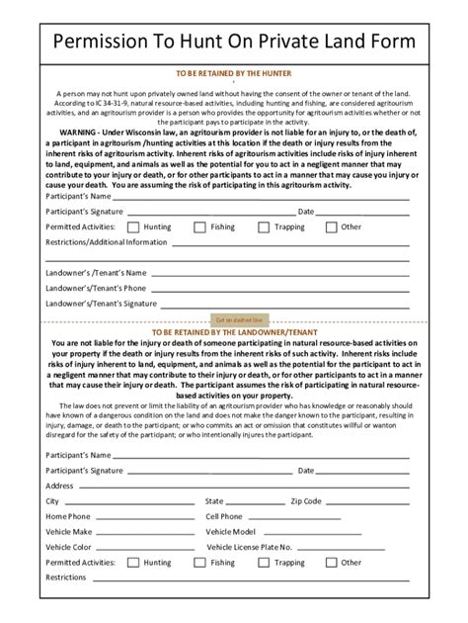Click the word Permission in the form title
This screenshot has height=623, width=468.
tap(104, 40)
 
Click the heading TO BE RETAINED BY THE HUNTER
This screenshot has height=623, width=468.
tap(233, 73)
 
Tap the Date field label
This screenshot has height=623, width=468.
tap(306, 211)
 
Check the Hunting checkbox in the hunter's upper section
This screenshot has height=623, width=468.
tap(134, 226)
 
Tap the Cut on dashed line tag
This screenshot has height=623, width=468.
tap(238, 319)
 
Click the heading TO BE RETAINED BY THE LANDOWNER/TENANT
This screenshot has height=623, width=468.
tap(233, 332)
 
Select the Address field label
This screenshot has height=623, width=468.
tap(60, 486)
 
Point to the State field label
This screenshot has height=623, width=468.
tap(214, 501)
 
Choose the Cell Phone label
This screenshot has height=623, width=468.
tap(224, 516)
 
